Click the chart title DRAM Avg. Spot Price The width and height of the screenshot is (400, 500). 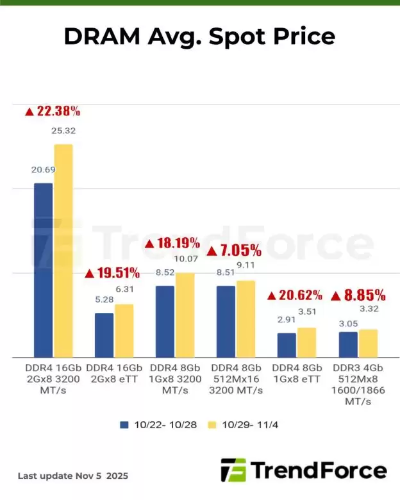[x=199, y=36]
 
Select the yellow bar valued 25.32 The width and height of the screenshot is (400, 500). [x=63, y=250]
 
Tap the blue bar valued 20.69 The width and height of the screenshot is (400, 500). [x=43, y=269]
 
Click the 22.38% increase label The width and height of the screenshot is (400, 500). [x=53, y=111]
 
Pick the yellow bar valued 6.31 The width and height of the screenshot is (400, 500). [x=124, y=330]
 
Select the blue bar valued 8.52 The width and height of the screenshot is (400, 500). [x=165, y=321]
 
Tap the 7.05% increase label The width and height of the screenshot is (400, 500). [x=234, y=250]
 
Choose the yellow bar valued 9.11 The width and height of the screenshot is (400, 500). [x=246, y=319]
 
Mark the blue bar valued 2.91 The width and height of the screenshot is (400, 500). [x=287, y=345]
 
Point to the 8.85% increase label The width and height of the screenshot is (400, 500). [x=358, y=296]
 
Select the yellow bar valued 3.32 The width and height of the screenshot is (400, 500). [x=369, y=343]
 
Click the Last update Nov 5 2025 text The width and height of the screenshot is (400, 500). [x=72, y=476]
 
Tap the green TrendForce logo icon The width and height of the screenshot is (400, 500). [x=233, y=470]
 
